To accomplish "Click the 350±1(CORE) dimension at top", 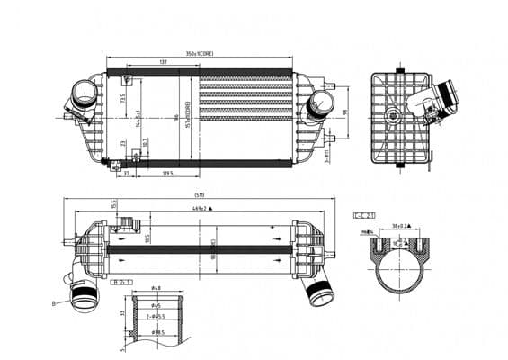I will tap(199, 53).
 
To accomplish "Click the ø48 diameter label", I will tap(156, 288).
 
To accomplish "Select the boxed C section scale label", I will tap(363, 215).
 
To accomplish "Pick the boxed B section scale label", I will tap(120, 282).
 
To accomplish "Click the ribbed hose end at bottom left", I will tap(82, 295).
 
